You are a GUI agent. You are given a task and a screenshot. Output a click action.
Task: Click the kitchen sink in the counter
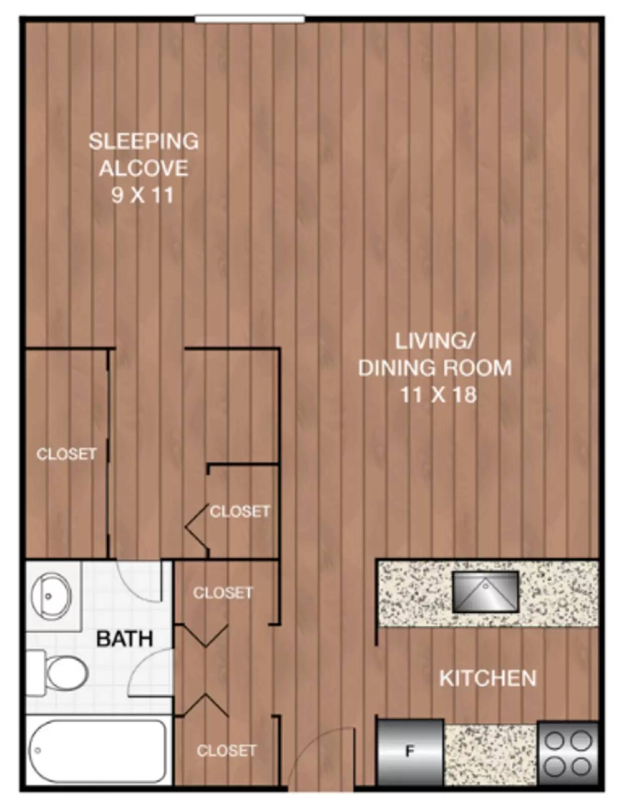point(485,592)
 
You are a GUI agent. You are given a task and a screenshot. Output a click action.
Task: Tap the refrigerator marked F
point(410,752)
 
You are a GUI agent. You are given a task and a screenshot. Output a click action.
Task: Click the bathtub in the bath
point(97,751)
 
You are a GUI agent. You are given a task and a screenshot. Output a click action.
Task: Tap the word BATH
point(125,639)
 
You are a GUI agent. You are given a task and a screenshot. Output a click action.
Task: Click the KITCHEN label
point(488,678)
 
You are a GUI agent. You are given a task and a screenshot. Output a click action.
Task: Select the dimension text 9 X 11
point(142,195)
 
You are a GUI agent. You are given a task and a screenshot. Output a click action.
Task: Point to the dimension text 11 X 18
point(438,394)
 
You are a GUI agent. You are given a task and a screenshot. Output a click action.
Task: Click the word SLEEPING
point(143,141)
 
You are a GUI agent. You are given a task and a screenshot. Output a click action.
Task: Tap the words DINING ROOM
point(435,368)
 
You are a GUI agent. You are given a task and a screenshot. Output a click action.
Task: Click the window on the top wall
point(250,19)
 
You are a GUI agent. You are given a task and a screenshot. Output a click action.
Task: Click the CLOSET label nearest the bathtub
point(226,751)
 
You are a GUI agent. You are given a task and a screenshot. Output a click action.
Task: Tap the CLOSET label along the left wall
point(66,454)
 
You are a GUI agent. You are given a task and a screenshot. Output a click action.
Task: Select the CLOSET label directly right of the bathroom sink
point(222,593)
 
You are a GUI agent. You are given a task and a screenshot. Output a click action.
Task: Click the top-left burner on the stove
point(555,741)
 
